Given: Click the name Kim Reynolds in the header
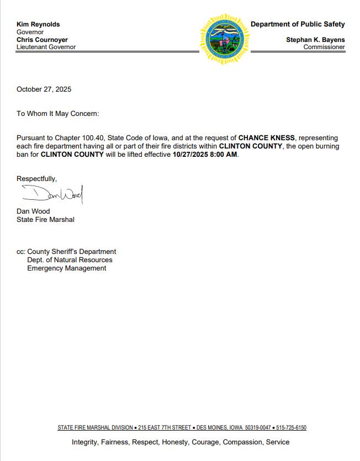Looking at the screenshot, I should pyautogui.click(x=38, y=24).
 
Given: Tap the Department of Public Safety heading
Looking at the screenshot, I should pyautogui.click(x=298, y=24).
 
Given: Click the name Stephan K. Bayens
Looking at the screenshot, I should pyautogui.click(x=315, y=40).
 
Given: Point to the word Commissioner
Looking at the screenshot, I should pyautogui.click(x=324, y=47).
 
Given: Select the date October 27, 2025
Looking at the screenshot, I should pyautogui.click(x=44, y=89).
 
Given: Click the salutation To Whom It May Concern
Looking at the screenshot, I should pyautogui.click(x=57, y=114).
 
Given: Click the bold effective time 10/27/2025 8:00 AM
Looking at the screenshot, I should pyautogui.click(x=205, y=155).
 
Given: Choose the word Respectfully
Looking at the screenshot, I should pyautogui.click(x=36, y=179).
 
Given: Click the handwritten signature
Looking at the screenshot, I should pyautogui.click(x=52, y=194).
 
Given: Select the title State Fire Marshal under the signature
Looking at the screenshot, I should pyautogui.click(x=45, y=220).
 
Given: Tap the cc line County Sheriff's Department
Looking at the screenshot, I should pyautogui.click(x=71, y=252).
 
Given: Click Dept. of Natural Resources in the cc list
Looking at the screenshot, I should pyautogui.click(x=70, y=260).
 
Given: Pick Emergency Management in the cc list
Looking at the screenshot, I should pyautogui.click(x=67, y=268).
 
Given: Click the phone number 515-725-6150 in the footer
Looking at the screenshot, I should pyautogui.click(x=292, y=428).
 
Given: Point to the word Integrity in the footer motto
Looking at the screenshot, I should pyautogui.click(x=84, y=442).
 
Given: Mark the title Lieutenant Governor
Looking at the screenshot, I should pyautogui.click(x=46, y=47).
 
